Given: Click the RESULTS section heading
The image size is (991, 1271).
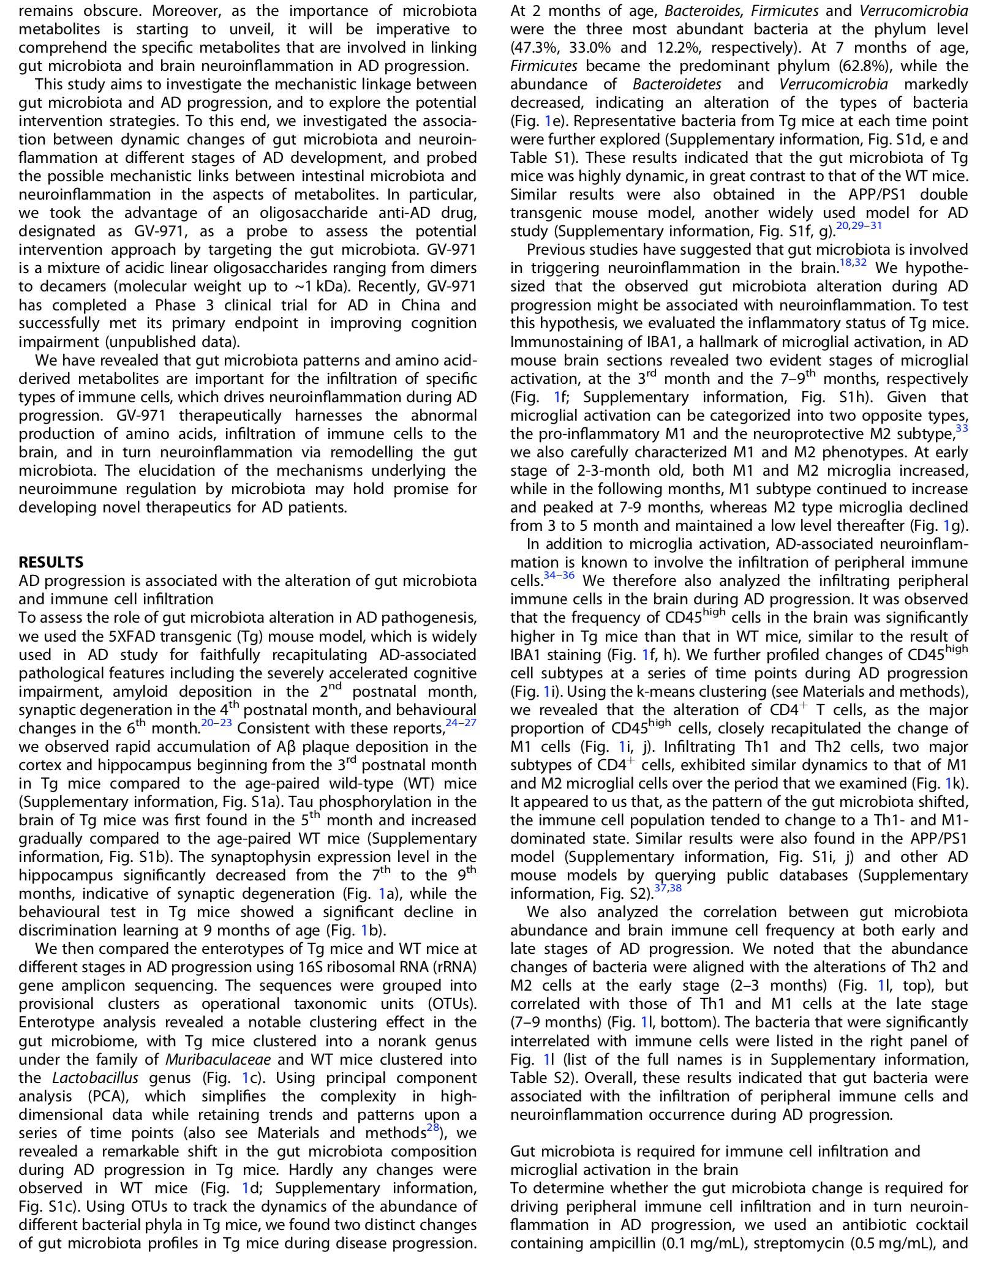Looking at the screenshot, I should (51, 562).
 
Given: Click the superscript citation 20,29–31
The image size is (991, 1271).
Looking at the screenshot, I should (859, 226).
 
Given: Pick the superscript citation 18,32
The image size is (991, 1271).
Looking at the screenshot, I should (853, 263).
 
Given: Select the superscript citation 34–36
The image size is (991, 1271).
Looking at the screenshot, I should (559, 576).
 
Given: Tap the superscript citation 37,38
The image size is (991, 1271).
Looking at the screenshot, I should (668, 888).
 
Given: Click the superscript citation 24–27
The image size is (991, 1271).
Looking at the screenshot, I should (461, 723).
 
